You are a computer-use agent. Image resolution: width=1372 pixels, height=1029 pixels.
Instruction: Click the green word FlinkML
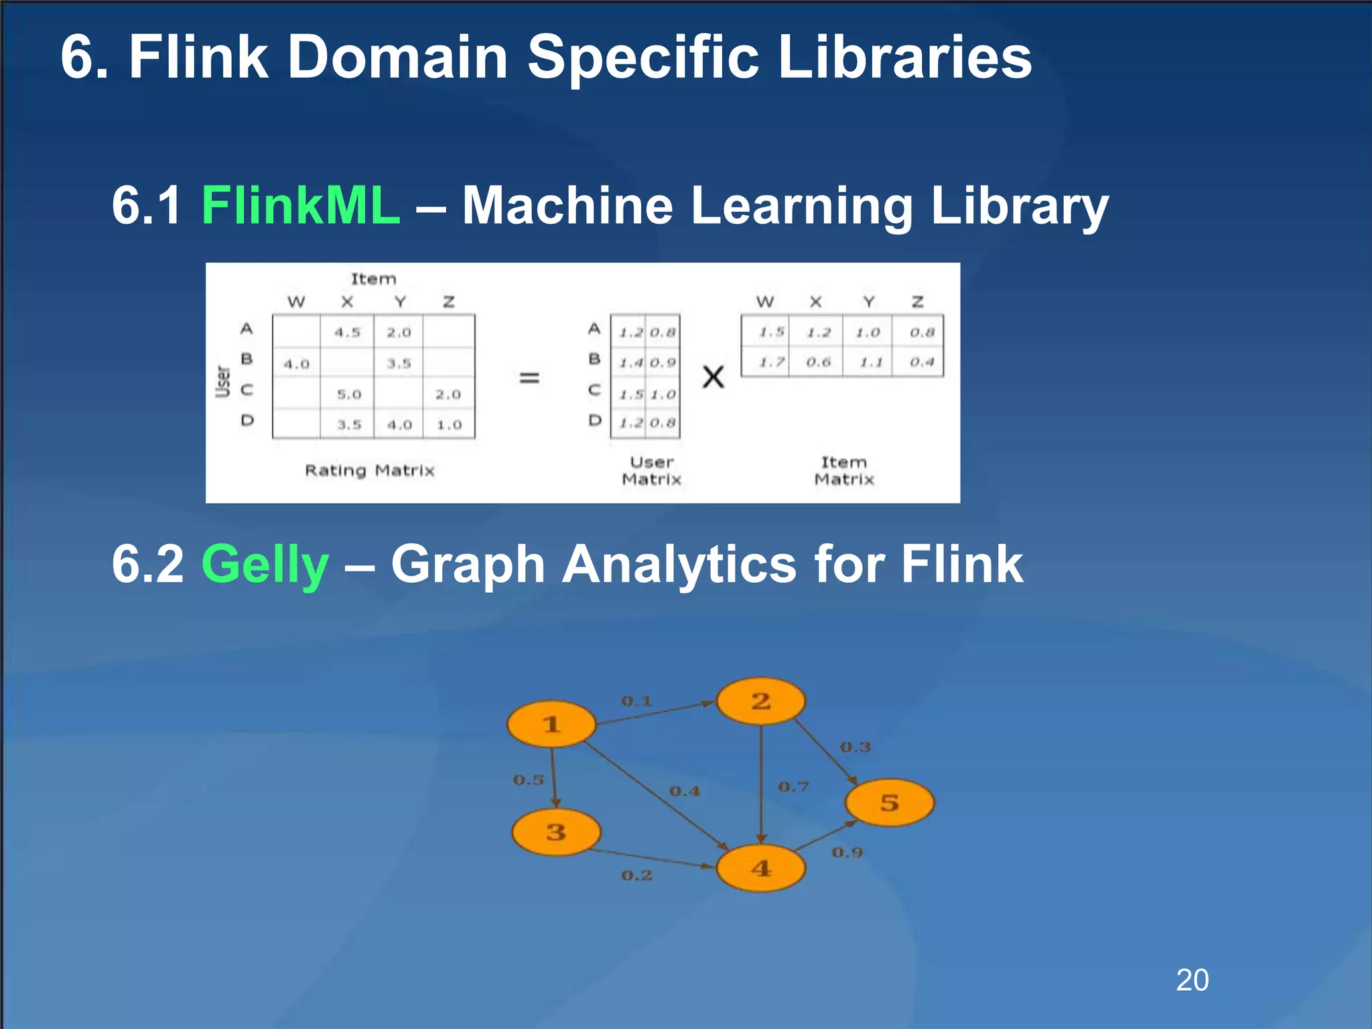(300, 205)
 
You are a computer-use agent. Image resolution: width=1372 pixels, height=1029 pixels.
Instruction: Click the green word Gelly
(265, 564)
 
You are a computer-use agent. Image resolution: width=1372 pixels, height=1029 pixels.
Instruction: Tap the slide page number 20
(1192, 980)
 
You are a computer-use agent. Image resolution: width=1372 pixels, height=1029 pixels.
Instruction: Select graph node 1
(551, 724)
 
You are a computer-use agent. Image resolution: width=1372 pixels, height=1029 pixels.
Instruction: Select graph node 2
(760, 701)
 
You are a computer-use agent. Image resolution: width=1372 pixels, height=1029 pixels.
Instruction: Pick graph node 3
(556, 832)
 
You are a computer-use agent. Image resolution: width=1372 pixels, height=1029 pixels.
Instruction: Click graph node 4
(760, 868)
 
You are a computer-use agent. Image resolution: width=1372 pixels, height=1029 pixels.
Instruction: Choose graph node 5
(889, 802)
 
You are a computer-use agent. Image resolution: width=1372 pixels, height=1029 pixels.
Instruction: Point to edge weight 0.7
(793, 786)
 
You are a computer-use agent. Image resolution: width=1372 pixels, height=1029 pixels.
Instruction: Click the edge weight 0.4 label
(685, 791)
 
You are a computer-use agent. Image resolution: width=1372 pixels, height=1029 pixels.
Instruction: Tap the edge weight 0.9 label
(847, 852)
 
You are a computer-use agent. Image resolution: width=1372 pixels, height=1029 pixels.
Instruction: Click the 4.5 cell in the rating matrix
(348, 332)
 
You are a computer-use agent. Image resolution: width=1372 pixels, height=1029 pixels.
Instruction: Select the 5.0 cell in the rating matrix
(349, 395)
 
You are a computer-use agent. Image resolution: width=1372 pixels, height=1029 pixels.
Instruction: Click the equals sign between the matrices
(529, 378)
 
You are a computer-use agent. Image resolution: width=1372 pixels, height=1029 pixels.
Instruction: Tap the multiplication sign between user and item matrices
(713, 376)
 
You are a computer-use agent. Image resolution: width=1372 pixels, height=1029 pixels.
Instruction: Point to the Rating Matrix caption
(370, 470)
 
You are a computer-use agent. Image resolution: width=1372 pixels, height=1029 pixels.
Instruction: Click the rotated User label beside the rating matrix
(223, 381)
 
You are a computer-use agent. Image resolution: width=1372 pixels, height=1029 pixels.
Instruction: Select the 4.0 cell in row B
(296, 364)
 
